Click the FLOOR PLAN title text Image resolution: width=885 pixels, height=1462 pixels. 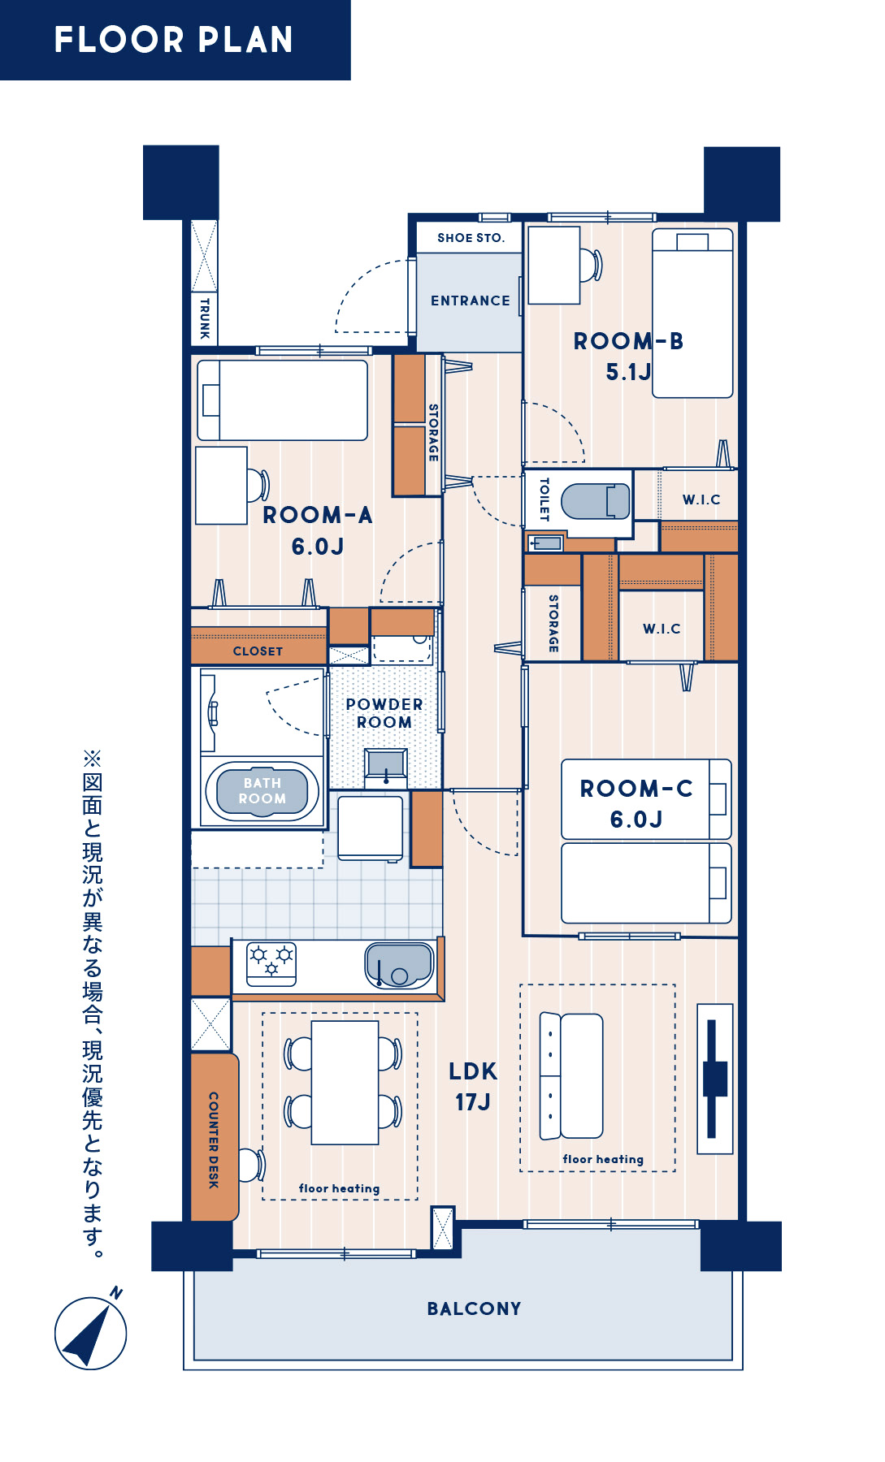(x=173, y=40)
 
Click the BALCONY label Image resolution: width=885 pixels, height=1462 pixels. (x=474, y=1308)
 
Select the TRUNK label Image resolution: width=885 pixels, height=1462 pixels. (x=204, y=318)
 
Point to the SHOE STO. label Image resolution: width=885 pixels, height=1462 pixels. (x=471, y=238)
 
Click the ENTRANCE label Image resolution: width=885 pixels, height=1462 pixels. (x=471, y=301)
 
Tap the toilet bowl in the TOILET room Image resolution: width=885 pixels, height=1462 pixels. (x=596, y=501)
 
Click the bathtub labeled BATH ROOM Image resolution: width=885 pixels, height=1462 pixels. (x=262, y=791)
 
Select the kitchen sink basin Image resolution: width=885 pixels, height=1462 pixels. (x=399, y=964)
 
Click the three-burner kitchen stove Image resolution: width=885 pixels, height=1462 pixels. (x=271, y=963)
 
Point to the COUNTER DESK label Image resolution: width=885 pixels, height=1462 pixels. (x=214, y=1140)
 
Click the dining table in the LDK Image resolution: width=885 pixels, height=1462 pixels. (x=345, y=1082)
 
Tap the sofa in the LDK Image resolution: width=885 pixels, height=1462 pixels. (x=571, y=1076)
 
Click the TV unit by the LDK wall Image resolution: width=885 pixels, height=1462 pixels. (x=715, y=1079)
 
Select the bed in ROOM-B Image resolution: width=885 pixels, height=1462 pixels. (x=692, y=313)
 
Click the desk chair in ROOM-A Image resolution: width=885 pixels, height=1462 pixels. (x=258, y=485)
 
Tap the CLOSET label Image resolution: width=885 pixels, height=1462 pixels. (x=258, y=651)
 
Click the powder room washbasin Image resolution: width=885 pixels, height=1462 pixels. (x=386, y=766)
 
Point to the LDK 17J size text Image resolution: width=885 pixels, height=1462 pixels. (x=473, y=1086)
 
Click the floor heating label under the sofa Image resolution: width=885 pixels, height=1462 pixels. (x=603, y=1159)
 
